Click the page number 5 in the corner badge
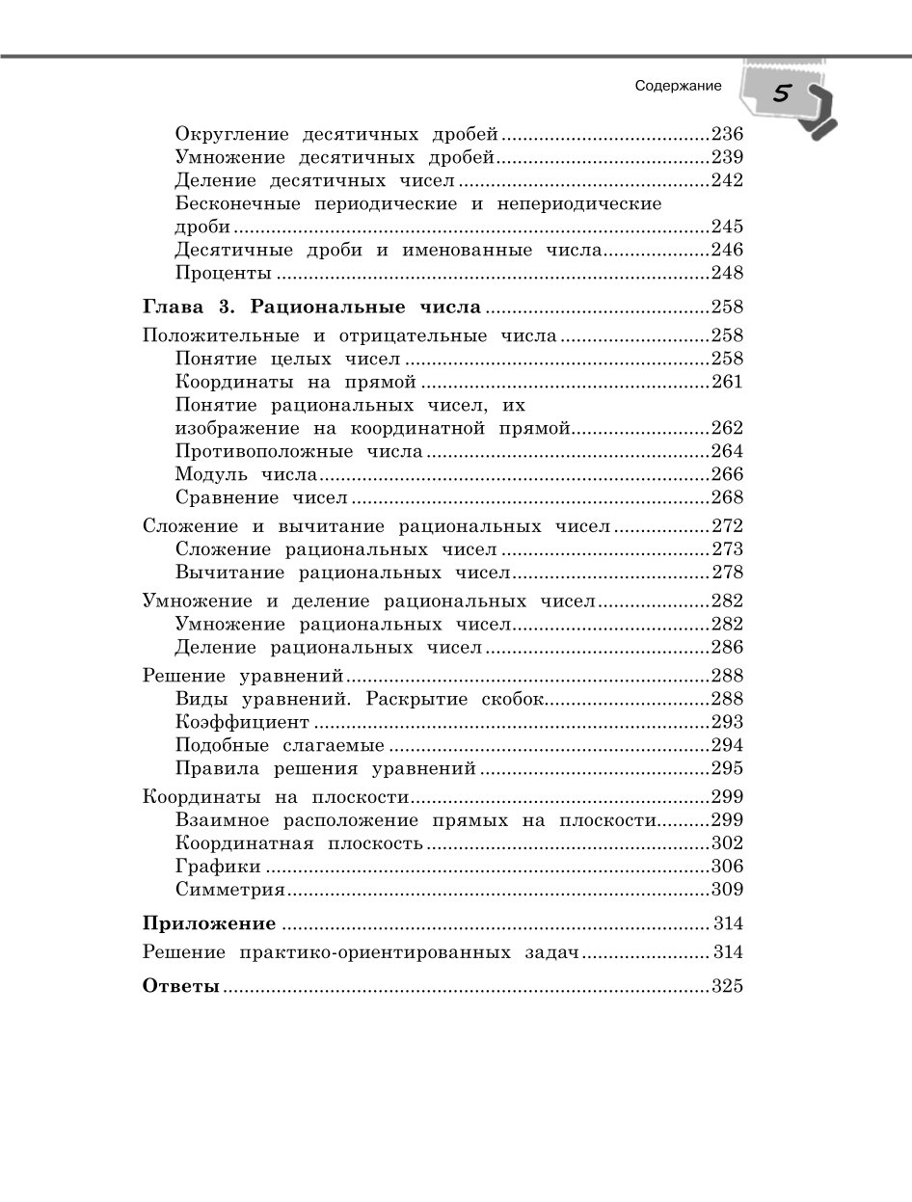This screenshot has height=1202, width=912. pyautogui.click(x=781, y=94)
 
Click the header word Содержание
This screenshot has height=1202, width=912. pyautogui.click(x=679, y=86)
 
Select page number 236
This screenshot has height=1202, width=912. pyautogui.click(x=727, y=134)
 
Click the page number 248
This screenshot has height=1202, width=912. pyautogui.click(x=727, y=274)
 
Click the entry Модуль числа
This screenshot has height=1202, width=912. pyautogui.click(x=247, y=474)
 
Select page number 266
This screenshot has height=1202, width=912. pyautogui.click(x=727, y=474)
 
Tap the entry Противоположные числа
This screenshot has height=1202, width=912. pyautogui.click(x=299, y=451)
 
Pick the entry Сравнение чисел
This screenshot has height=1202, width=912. pyautogui.click(x=261, y=497)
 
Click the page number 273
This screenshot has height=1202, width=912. pyautogui.click(x=727, y=549)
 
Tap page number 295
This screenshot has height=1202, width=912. pyautogui.click(x=727, y=768)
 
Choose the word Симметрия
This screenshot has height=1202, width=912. pyautogui.click(x=230, y=890)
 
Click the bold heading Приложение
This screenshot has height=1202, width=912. pyautogui.click(x=209, y=923)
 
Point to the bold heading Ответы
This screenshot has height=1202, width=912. pyautogui.click(x=181, y=986)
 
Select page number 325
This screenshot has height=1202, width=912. pyautogui.click(x=727, y=986)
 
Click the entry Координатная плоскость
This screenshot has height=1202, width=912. pyautogui.click(x=299, y=843)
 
